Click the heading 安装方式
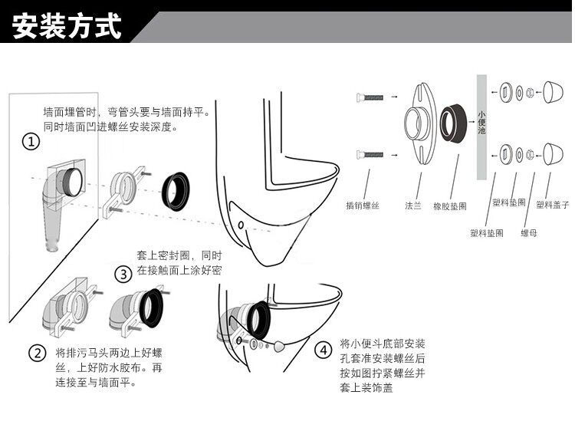[67, 27]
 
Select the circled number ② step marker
[38, 354]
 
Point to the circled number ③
[123, 274]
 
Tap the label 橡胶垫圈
[450, 206]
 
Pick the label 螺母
[529, 232]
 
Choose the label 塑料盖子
[552, 203]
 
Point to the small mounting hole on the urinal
[240, 225]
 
